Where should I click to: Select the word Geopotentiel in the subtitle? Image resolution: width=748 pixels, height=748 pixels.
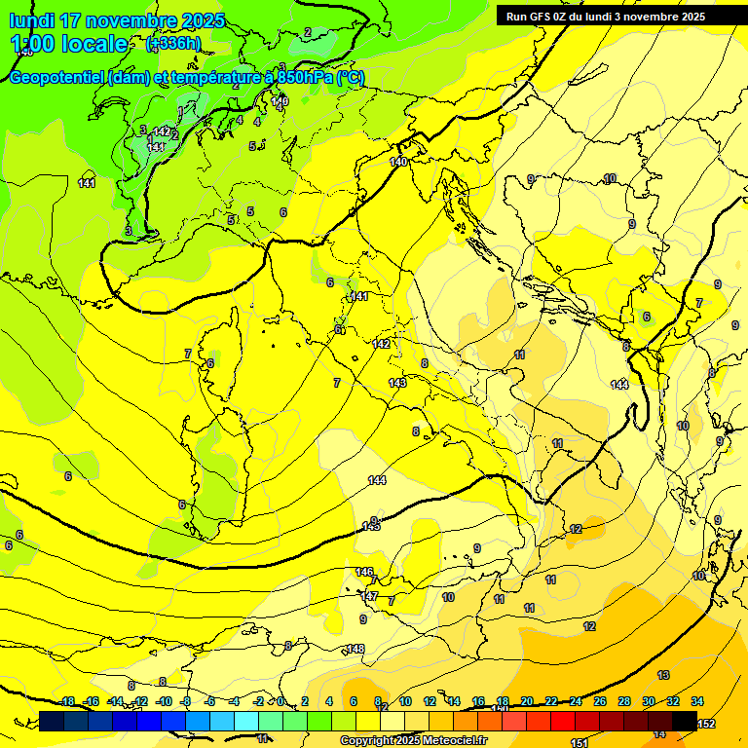point(56,78)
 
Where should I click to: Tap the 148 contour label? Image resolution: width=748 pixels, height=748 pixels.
point(355,649)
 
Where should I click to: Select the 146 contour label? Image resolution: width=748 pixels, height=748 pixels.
point(364,572)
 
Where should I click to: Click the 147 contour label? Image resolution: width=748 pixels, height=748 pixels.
point(369,595)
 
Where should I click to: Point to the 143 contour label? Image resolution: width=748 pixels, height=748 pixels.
point(397,383)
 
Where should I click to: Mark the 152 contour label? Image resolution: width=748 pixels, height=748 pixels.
point(706,724)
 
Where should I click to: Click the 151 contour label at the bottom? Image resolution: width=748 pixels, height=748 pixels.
point(579,743)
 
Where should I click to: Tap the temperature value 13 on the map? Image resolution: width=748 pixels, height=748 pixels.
point(663,675)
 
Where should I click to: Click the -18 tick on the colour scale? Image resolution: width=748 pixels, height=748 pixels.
point(67,701)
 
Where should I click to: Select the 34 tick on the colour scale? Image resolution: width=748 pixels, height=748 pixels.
point(697,701)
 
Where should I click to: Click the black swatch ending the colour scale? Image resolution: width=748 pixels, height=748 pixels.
point(685,721)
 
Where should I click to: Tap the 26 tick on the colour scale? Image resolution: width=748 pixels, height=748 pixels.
point(600,701)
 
